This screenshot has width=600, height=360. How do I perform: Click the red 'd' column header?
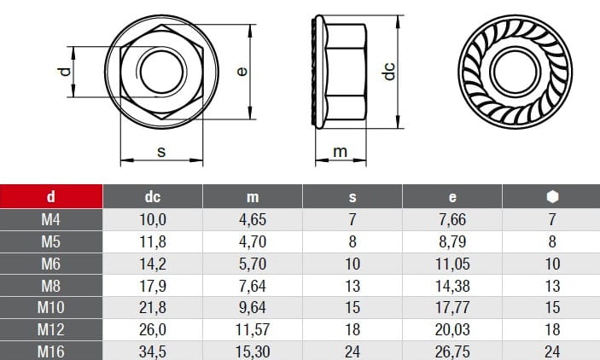tap(51, 197)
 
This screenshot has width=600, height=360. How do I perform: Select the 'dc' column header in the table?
tap(152, 197)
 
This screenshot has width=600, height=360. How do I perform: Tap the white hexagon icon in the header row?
tap(552, 197)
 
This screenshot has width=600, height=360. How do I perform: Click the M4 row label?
tap(51, 219)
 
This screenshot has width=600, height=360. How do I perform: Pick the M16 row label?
tap(51, 351)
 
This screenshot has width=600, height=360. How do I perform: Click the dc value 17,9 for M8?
tap(152, 286)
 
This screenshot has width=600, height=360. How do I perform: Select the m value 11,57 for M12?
tap(253, 329)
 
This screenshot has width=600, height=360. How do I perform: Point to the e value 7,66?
tap(452, 219)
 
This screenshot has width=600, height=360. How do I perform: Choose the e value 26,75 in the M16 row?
tap(452, 351)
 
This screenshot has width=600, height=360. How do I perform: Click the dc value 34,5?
tap(152, 351)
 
